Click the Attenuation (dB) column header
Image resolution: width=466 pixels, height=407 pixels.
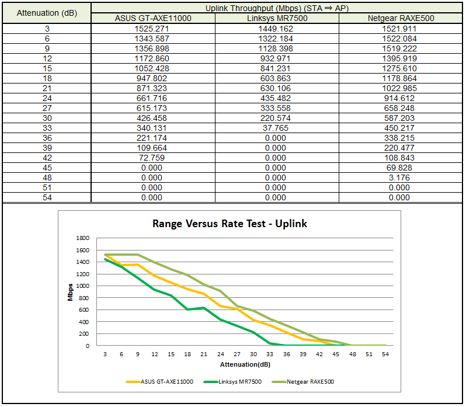pos(46,13)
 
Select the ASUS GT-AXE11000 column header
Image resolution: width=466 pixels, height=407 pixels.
pos(153,18)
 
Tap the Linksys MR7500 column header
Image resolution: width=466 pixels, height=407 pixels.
pos(276,18)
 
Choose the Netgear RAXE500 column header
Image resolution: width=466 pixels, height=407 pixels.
pos(401,18)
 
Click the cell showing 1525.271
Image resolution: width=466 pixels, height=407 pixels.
pos(153,28)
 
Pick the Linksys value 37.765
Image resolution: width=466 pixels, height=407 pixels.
pos(276,128)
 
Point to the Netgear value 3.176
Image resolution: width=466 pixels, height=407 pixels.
pos(401,178)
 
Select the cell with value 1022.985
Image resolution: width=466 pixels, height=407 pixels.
pos(401,88)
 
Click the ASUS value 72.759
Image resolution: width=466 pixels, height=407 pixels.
pos(153,158)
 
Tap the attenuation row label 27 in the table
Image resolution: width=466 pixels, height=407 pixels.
pos(47,107)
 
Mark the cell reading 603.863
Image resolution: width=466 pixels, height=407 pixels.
pos(276,78)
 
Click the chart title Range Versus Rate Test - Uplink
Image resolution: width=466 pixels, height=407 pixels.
pos(229,223)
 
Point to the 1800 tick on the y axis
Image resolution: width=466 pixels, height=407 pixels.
pos(83,238)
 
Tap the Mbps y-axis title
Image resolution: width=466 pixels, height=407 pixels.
pos(70,292)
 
